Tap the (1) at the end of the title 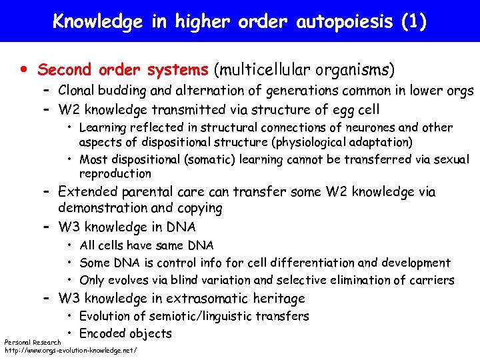(x=414, y=21)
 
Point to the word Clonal (x=78, y=91)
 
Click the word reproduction (x=115, y=173)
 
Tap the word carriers (x=431, y=280)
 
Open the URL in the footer (x=71, y=349)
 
